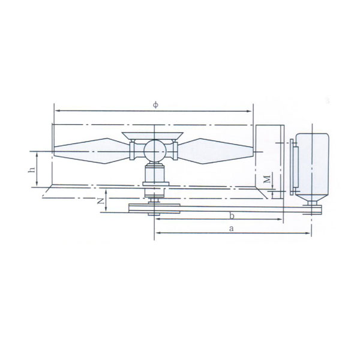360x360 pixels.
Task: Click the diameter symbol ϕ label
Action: coord(155,105)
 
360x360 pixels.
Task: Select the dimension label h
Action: coord(32,169)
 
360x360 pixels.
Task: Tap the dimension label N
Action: coord(100,202)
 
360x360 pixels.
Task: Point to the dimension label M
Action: coord(266,179)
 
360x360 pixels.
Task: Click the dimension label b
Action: coord(232,215)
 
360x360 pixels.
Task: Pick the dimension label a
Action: coord(232,229)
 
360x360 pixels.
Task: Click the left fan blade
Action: coord(91,151)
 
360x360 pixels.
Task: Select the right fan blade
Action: coord(215,151)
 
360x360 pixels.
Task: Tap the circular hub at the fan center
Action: coord(155,151)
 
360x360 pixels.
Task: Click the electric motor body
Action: coord(312,166)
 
